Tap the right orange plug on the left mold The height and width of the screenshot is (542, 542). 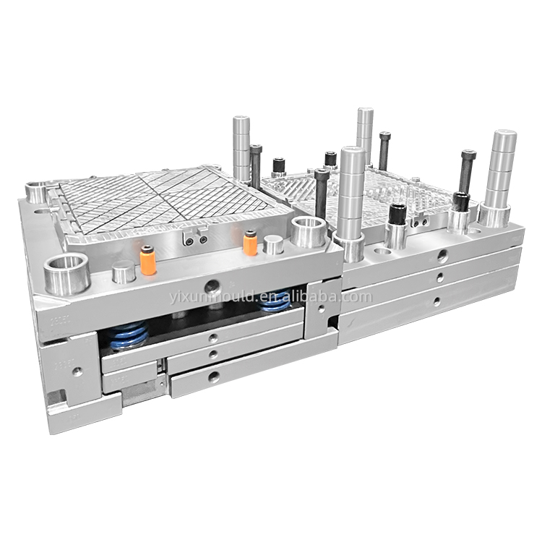pyautogui.click(x=250, y=243)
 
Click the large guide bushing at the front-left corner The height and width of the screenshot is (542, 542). pyautogui.click(x=67, y=273)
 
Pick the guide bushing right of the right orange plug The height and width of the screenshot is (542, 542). pyautogui.click(x=309, y=231)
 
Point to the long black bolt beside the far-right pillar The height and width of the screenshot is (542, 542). pyautogui.click(x=467, y=172)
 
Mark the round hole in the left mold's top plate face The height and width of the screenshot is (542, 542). pyautogui.click(x=212, y=285)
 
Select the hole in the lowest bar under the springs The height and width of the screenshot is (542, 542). pyautogui.click(x=212, y=376)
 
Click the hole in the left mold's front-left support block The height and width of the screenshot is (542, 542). pyautogui.click(x=77, y=371)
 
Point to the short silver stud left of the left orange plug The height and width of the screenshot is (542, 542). pyautogui.click(x=124, y=272)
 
